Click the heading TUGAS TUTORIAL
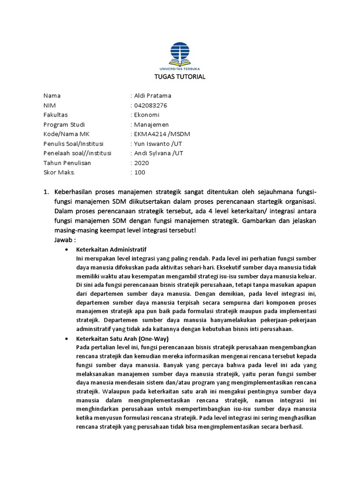pyautogui.click(x=180, y=77)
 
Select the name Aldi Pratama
pyautogui.click(x=153, y=96)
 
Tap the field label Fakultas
pyautogui.click(x=55, y=115)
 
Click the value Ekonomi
pyautogui.click(x=147, y=115)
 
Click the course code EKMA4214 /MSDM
pyautogui.click(x=162, y=134)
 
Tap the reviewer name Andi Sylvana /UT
pyautogui.click(x=159, y=153)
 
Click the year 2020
pyautogui.click(x=142, y=163)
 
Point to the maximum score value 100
pyautogui.click(x=140, y=172)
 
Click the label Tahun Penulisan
pyautogui.click(x=67, y=163)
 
